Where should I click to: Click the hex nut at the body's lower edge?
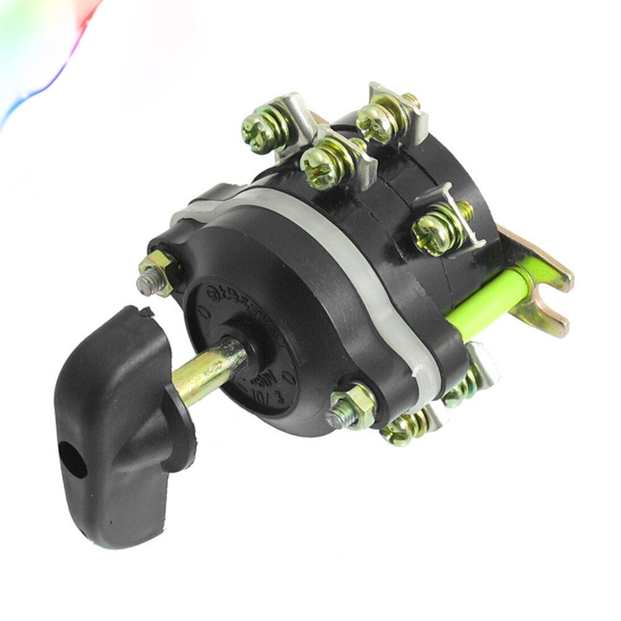351,407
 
